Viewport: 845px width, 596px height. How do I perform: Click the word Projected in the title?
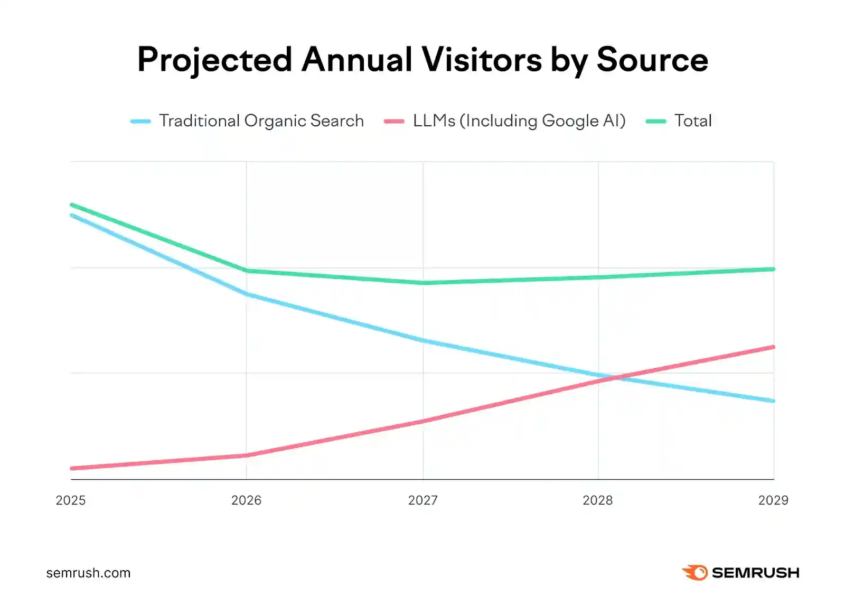(x=214, y=60)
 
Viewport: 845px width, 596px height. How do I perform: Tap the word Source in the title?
(x=652, y=60)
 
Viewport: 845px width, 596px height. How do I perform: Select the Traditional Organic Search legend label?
(x=261, y=121)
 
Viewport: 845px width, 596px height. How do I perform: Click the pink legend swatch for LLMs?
(x=394, y=122)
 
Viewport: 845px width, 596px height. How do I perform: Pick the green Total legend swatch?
(x=656, y=122)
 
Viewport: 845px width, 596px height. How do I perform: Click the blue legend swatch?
(x=140, y=122)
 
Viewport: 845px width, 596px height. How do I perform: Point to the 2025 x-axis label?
(x=70, y=500)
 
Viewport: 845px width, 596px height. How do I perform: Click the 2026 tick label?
(x=246, y=500)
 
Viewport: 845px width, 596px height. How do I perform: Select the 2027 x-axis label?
(x=422, y=500)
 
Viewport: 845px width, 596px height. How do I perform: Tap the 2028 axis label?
(x=597, y=500)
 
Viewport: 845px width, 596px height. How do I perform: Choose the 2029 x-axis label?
(x=773, y=500)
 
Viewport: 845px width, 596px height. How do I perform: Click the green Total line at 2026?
(x=247, y=271)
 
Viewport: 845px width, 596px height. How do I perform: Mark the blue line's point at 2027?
(x=423, y=341)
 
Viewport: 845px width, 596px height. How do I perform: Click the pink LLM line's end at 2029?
(x=773, y=347)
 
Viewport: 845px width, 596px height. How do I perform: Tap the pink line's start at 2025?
(x=72, y=468)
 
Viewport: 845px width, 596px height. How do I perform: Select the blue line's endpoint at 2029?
(x=773, y=401)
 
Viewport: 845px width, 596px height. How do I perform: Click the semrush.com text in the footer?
(x=88, y=573)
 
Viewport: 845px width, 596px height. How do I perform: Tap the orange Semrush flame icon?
(x=695, y=572)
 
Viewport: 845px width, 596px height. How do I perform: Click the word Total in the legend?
(x=693, y=121)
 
